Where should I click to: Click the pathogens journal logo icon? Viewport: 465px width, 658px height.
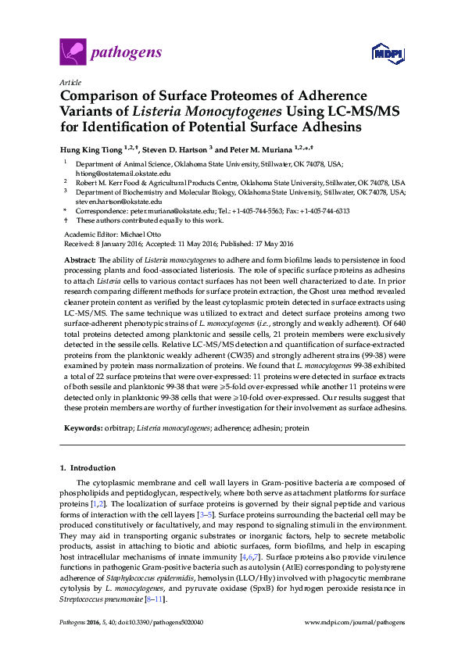(73, 53)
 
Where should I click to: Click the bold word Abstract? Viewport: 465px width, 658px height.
(79, 259)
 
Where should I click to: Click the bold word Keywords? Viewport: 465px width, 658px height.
(82, 428)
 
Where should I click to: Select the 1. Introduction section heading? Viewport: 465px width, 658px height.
(88, 468)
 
